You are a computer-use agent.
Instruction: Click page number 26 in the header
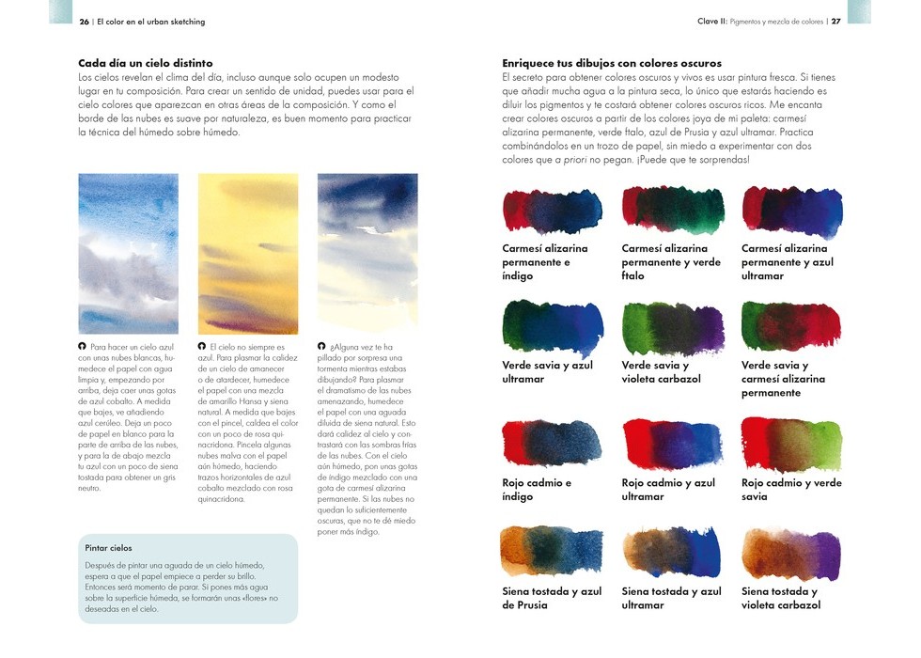pos(85,22)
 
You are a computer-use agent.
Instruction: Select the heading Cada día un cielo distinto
pos(145,63)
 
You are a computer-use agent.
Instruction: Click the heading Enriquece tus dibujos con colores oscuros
pos(612,63)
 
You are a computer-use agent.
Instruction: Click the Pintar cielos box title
pos(108,547)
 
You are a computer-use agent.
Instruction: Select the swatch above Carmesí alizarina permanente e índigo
pos(553,211)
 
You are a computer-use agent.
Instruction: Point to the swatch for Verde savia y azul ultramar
pos(553,326)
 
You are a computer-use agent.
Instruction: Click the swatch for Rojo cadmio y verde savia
pos(791,444)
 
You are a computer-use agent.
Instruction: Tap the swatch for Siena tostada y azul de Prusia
pos(553,553)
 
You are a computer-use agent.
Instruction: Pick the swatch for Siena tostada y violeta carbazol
pos(791,553)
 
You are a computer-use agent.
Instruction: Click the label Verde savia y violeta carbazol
pos(662,372)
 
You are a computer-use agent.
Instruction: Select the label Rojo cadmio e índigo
pos(537,490)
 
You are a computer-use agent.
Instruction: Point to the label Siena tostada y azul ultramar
pos(671,598)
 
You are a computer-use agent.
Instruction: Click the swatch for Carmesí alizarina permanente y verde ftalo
pos(672,211)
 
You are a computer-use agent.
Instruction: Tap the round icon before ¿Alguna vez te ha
pos(322,346)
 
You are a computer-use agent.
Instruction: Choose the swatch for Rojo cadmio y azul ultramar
pos(672,444)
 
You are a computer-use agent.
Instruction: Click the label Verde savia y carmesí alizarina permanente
pos(784,379)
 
